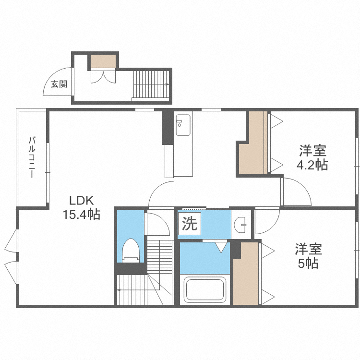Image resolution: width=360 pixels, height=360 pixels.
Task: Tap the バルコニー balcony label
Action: pos(32,158)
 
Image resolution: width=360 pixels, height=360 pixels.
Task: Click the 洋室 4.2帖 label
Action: pos(313,158)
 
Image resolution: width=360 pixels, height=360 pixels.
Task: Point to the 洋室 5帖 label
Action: pos(308,256)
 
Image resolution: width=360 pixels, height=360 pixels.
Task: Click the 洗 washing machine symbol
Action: pos(190,224)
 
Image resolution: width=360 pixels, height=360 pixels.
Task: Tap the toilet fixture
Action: pos(131,250)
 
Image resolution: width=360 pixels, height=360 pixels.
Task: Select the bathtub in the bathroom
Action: pos(205,290)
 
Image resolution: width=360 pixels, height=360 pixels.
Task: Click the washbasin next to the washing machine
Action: pos(242,224)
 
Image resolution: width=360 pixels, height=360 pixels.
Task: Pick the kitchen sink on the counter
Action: pos(183,126)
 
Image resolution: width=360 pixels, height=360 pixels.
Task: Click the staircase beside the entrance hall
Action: pos(151,84)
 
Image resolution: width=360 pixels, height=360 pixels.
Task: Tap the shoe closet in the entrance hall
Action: pos(103,61)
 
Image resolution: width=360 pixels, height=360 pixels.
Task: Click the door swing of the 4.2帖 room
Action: pos(295,191)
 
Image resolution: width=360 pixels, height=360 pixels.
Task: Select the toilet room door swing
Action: pos(156,224)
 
